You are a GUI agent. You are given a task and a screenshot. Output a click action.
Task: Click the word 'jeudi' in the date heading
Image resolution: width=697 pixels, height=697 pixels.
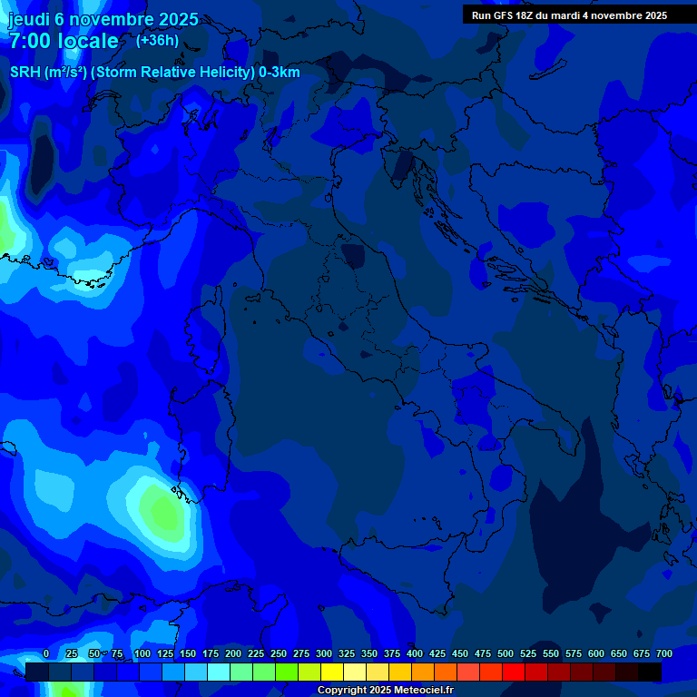(x=28, y=18)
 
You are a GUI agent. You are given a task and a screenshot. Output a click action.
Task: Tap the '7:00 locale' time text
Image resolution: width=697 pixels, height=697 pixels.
(x=64, y=41)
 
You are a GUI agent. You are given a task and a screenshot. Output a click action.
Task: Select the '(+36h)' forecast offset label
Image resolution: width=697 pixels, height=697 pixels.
(x=157, y=40)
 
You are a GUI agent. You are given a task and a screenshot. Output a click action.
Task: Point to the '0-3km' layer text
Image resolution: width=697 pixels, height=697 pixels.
(x=279, y=73)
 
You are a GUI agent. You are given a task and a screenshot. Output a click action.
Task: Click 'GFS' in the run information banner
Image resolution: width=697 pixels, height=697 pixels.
(x=506, y=15)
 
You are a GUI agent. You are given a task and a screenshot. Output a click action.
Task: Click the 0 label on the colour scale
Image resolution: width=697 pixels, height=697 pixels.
(x=45, y=654)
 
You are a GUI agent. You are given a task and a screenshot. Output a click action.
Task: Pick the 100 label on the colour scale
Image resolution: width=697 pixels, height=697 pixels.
(x=142, y=654)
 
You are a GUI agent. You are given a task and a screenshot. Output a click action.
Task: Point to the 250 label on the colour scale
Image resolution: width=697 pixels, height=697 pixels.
(x=278, y=654)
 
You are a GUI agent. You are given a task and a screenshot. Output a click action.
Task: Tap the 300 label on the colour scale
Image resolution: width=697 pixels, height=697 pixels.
(x=323, y=654)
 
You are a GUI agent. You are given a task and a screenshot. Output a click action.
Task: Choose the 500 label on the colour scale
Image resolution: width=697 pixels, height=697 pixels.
(x=505, y=654)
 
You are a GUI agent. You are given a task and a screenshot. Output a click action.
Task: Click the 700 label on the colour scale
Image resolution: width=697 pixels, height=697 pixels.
(x=663, y=654)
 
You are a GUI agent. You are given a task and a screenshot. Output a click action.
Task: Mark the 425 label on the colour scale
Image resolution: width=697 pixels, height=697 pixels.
(x=437, y=654)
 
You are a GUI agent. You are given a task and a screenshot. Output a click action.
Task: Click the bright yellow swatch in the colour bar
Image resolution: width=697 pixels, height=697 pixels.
(x=332, y=672)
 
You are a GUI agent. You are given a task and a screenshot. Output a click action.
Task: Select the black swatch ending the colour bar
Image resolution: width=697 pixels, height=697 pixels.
(x=650, y=672)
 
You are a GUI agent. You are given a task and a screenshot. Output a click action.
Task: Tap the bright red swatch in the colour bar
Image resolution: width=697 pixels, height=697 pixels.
(x=514, y=672)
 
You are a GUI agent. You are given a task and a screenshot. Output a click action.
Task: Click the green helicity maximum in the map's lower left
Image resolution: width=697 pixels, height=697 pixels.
(x=163, y=513)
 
